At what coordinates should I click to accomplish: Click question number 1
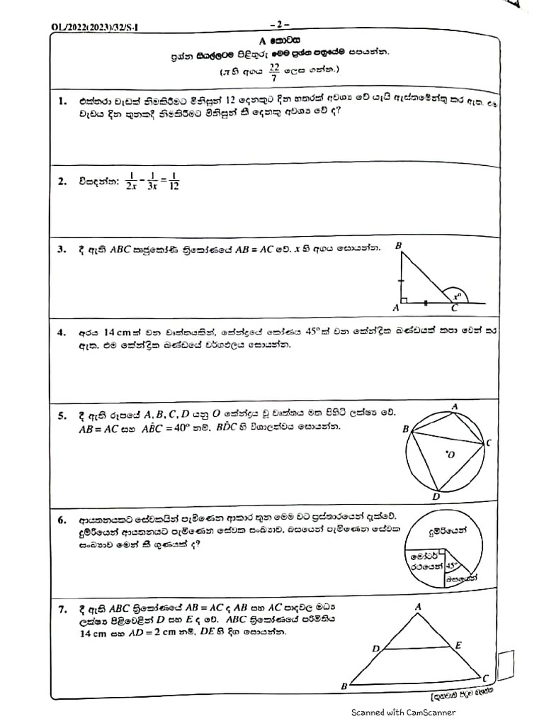(x=62, y=103)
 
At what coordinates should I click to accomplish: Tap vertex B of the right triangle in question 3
(x=399, y=245)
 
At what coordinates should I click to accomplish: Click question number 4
(x=62, y=332)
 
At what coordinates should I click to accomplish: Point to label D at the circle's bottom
(x=436, y=496)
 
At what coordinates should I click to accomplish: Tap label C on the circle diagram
(x=488, y=442)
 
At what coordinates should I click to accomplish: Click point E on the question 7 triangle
(x=458, y=644)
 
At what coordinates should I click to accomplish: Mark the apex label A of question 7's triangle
(x=418, y=606)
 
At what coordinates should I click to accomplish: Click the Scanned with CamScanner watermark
(x=404, y=713)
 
